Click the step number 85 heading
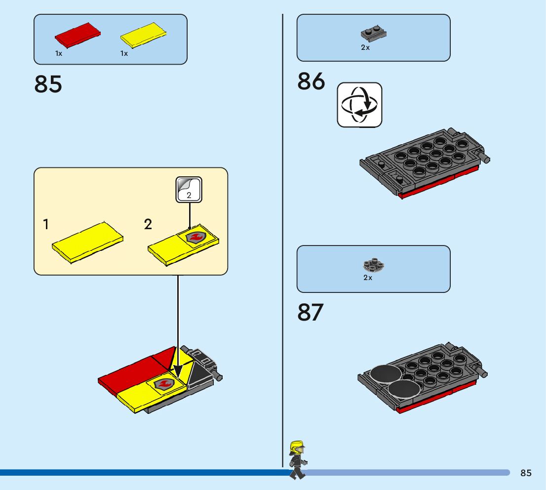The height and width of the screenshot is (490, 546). (48, 84)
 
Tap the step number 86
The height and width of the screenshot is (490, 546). (311, 82)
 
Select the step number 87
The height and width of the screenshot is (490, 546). (311, 313)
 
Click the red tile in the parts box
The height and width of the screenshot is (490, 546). (78, 35)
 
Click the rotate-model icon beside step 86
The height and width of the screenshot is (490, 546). (359, 105)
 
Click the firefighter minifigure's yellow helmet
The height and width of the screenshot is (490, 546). (296, 447)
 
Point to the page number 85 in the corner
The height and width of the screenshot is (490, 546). (526, 473)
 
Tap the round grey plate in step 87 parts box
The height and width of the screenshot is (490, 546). (374, 266)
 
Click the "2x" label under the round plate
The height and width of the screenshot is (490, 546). (368, 278)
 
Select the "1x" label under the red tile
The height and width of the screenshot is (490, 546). (59, 53)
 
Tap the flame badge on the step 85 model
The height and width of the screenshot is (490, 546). (164, 383)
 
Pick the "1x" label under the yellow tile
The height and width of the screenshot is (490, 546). (124, 53)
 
